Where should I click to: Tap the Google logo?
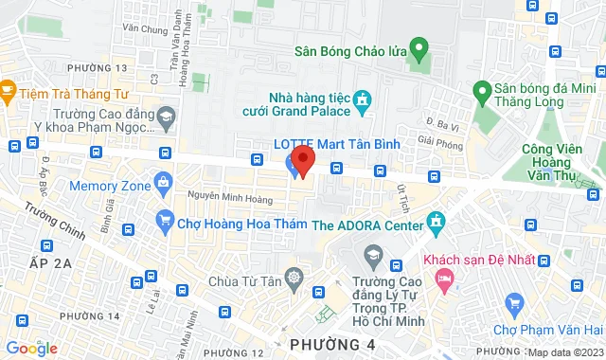[x=30, y=348]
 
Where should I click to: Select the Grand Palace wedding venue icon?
[x=361, y=99]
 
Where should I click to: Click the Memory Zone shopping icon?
[x=164, y=180]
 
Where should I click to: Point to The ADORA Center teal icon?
[x=435, y=224]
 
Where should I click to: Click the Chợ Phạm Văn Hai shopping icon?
[x=514, y=303]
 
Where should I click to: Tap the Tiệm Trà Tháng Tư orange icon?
[x=9, y=91]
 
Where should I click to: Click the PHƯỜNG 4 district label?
[x=328, y=343]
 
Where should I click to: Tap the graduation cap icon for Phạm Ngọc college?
[x=167, y=116]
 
